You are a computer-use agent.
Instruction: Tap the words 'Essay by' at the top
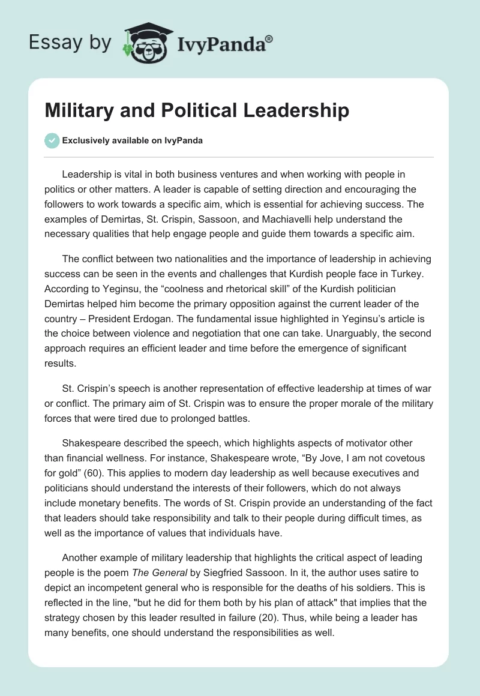70,43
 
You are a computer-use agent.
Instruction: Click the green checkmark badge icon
52,140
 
